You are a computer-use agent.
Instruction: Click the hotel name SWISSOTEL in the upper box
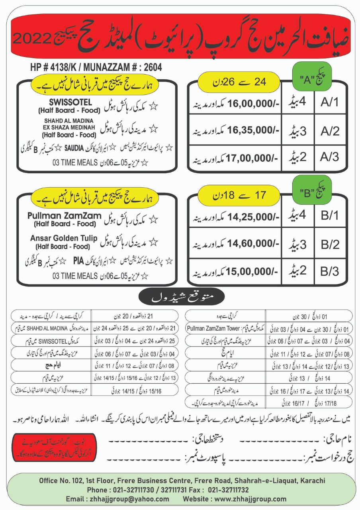coord(71,102)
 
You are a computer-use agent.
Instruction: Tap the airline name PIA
coord(78,261)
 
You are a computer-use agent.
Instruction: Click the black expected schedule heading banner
coord(182,297)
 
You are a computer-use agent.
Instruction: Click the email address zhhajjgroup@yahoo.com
coord(117,499)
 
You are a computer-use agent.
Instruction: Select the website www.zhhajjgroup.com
coord(235,499)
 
